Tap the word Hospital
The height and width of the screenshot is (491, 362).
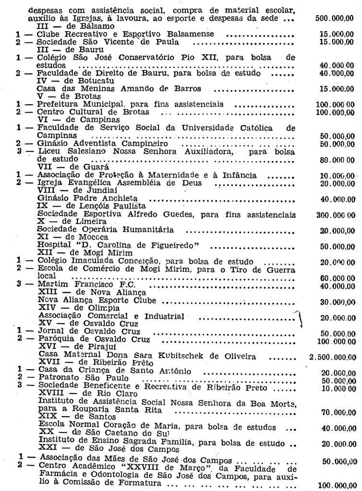54,245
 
